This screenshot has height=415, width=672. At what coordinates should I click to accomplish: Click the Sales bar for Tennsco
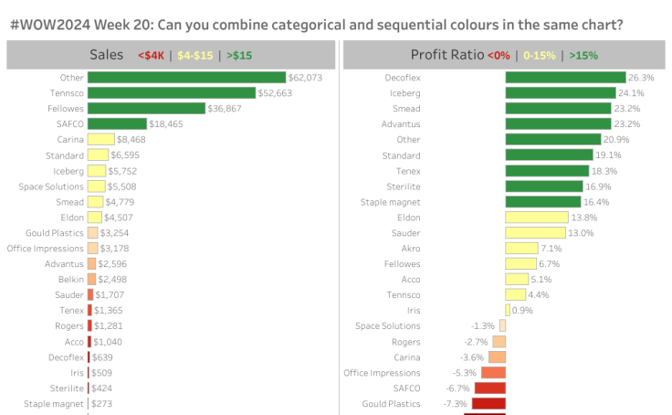[x=171, y=93]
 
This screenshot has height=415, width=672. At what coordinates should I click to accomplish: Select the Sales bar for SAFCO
[x=117, y=123]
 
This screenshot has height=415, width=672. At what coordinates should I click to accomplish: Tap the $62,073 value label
[x=305, y=78]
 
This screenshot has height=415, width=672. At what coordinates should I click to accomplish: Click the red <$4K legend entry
[x=151, y=56]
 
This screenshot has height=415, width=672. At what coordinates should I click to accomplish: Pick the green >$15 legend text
[x=239, y=56]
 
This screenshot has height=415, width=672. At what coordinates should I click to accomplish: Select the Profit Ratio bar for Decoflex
[x=565, y=78]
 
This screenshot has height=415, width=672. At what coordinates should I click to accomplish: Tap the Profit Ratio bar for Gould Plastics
[x=488, y=403]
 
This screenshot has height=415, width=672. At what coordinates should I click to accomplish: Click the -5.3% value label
[x=464, y=372]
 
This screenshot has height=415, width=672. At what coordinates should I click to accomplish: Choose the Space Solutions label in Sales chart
[x=51, y=186]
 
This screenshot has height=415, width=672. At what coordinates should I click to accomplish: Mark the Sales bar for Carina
[x=100, y=139]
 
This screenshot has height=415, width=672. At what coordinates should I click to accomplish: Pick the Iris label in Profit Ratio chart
[x=413, y=310]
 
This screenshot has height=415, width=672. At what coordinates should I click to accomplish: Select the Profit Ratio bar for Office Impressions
[x=493, y=372]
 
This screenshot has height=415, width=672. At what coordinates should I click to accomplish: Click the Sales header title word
[x=106, y=55]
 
